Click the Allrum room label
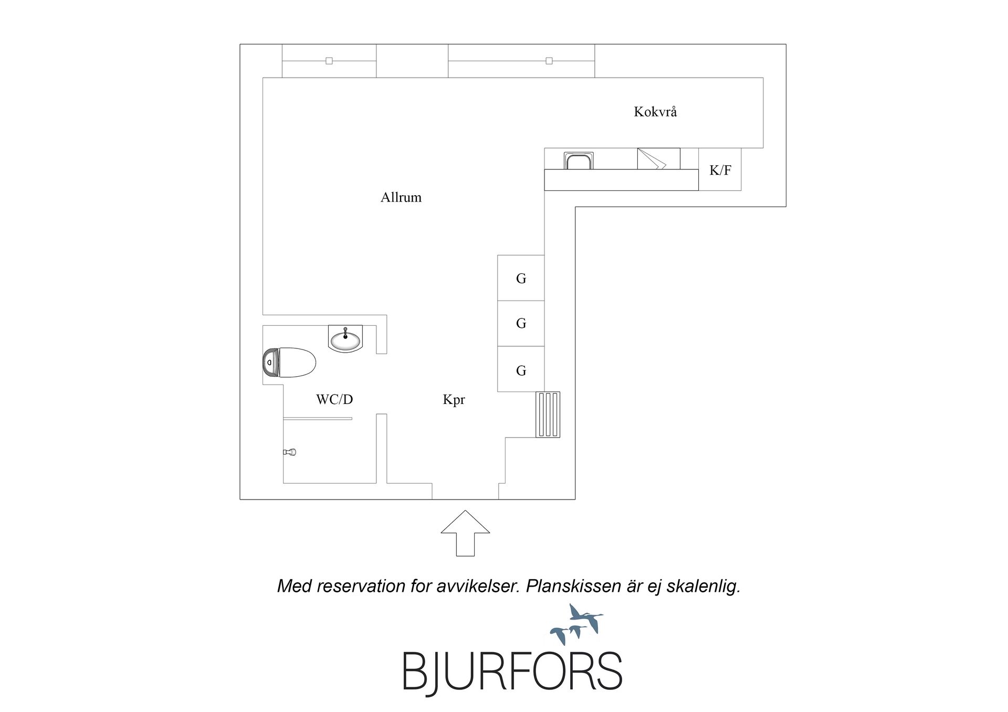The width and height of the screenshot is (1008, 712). click(x=401, y=197)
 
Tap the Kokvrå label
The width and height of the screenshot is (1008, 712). click(x=655, y=111)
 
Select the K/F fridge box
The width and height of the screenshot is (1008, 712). click(x=720, y=169)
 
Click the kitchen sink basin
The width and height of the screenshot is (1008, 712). click(x=579, y=161)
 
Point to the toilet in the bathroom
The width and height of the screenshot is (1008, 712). click(x=289, y=363)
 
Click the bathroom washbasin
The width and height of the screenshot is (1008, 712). click(x=345, y=338)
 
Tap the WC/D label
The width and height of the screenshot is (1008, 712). click(x=334, y=399)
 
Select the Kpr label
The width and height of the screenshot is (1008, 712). click(x=454, y=400)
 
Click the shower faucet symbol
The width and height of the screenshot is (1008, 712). click(x=290, y=452)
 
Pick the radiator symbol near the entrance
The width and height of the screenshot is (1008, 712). click(x=548, y=415)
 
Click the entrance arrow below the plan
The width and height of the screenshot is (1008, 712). click(x=465, y=533)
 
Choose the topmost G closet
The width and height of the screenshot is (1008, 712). click(x=521, y=278)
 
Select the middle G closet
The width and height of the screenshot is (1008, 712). click(x=521, y=323)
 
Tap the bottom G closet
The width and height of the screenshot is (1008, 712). click(x=521, y=369)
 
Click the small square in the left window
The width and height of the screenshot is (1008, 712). click(x=329, y=61)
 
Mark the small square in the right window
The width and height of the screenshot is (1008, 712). click(x=549, y=61)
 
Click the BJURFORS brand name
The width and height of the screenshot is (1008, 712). click(x=512, y=671)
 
